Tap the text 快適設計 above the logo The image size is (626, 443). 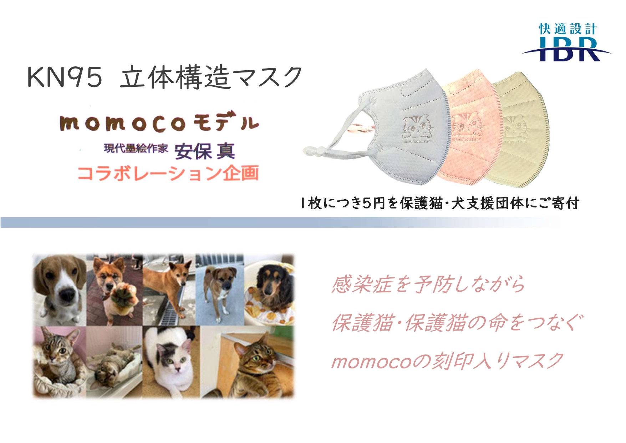tap(567, 29)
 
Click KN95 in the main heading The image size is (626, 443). tap(65, 77)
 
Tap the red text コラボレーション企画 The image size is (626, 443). tap(168, 173)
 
